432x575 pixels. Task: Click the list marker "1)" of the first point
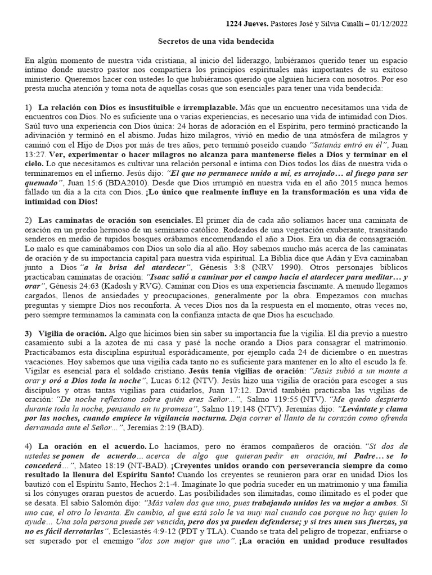[29, 107]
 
